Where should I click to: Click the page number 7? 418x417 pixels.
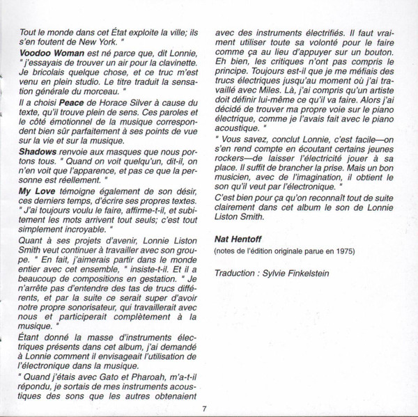click(205, 407)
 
